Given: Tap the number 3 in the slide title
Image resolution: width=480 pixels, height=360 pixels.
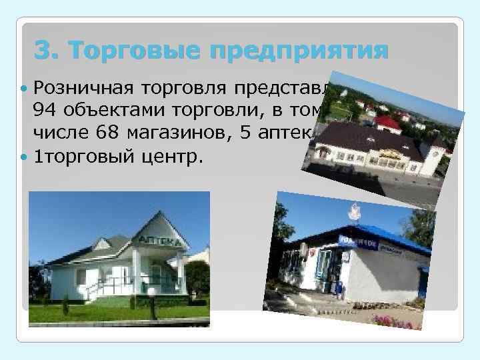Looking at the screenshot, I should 45,50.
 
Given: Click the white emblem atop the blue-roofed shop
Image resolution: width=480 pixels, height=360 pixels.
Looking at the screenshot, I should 353,212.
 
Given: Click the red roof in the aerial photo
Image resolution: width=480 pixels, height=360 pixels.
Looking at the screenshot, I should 387,123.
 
